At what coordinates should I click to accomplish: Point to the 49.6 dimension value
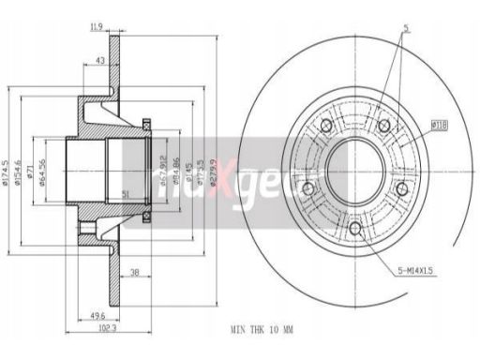coord(97,316)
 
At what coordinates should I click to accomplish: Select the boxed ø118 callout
coord(437,124)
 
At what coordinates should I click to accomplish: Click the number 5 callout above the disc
coord(405,28)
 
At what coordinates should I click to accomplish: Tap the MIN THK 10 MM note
coord(262,331)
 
